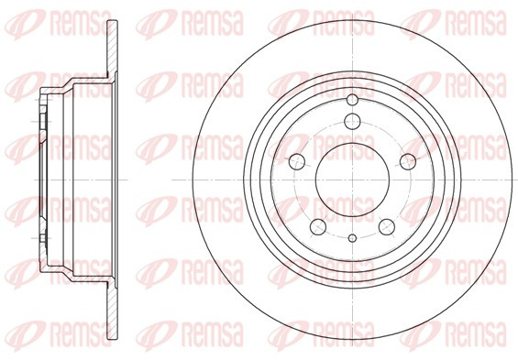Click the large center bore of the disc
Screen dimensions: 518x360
352,180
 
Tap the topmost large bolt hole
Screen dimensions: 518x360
352,121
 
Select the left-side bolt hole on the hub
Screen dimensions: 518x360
297,162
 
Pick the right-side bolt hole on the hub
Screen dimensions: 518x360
408,162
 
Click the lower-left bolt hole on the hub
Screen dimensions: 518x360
318,227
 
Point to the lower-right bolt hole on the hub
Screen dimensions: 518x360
387,227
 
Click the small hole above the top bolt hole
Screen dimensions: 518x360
352,100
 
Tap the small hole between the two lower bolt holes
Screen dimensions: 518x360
352,237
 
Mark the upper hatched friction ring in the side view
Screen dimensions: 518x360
113,49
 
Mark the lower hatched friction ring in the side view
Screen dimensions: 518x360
113,311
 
